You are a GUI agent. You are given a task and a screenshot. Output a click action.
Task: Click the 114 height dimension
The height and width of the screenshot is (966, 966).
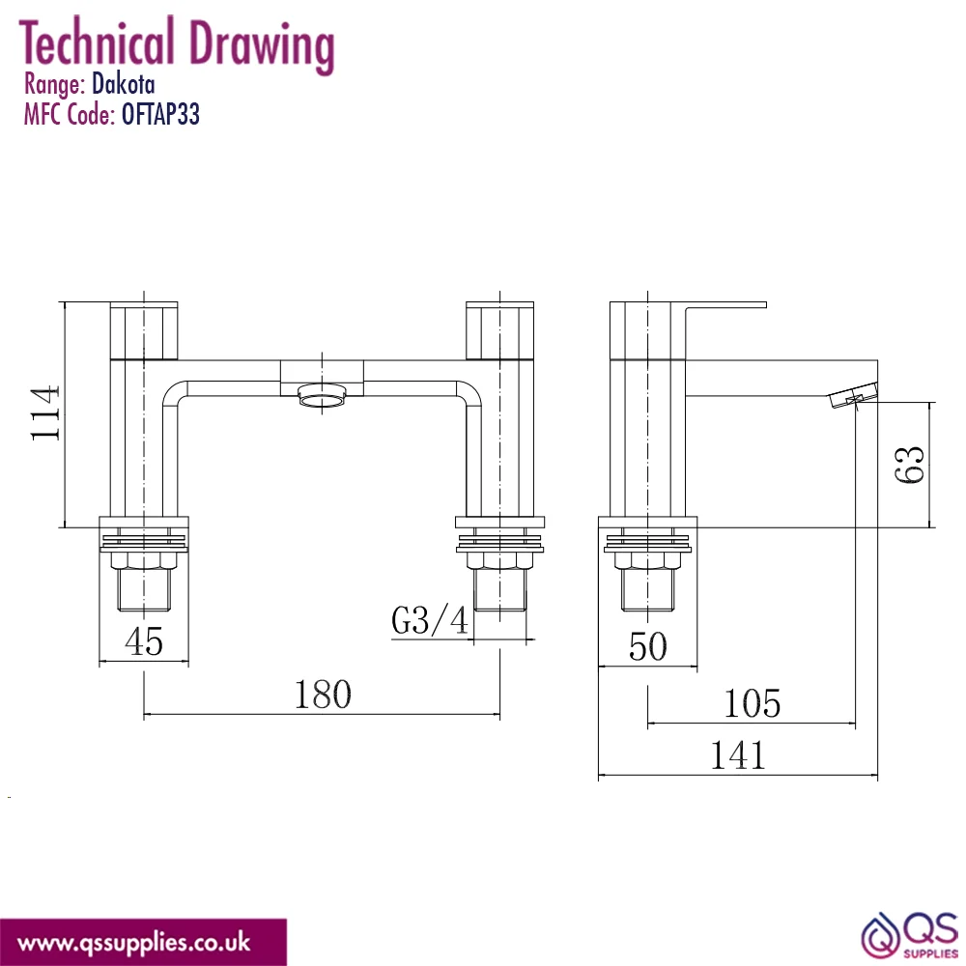click(45, 412)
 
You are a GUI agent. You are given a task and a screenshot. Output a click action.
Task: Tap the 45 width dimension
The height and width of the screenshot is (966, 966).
click(144, 641)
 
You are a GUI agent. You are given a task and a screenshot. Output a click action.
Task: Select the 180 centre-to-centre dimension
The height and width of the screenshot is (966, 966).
click(323, 695)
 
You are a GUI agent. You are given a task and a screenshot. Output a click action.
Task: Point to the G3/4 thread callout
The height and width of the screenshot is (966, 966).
click(430, 620)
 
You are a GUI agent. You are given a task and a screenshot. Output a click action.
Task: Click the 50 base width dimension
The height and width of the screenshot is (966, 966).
click(647, 646)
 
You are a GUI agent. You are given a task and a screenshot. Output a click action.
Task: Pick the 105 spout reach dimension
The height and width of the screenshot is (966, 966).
click(752, 703)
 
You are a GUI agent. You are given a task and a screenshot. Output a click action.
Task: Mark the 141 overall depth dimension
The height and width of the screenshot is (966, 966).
click(738, 755)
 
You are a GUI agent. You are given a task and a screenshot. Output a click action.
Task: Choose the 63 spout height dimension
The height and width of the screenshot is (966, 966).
click(909, 465)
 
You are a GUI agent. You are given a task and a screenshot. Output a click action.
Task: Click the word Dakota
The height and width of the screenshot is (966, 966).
click(124, 84)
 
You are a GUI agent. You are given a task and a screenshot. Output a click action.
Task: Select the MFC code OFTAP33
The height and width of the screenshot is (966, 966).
click(160, 115)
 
